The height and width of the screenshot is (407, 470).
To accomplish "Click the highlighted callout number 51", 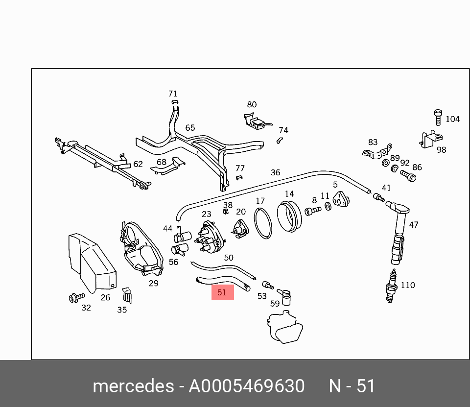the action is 222,292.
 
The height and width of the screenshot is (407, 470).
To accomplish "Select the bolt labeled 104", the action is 438,118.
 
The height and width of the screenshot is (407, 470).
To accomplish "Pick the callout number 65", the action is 190,128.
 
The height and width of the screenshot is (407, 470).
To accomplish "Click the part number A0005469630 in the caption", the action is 247,386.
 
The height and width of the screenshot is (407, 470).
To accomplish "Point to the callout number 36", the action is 276,172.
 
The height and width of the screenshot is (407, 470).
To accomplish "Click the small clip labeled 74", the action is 280,141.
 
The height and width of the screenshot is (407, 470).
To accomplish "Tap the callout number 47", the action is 414,225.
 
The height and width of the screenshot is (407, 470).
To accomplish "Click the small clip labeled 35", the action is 126,295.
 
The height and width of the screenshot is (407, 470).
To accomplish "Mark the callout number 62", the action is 138,164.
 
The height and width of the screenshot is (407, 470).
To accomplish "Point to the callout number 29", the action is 154,283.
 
